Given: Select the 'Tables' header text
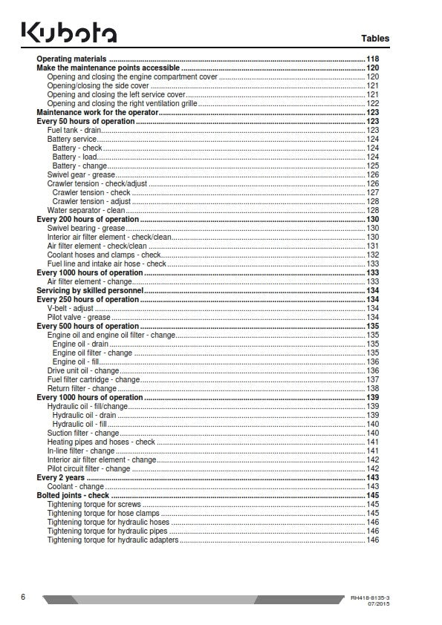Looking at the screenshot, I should [374, 39].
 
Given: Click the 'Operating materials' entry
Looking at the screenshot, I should [71, 59].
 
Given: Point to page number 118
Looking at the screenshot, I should [373, 59].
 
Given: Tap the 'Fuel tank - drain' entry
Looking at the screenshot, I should [74, 130].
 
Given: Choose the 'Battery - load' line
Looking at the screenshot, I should [74, 157].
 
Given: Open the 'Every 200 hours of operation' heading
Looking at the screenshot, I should [87, 219].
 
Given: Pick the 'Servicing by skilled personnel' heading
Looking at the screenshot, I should [89, 290].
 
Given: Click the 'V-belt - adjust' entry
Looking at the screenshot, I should [71, 308].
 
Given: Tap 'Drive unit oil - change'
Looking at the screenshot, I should [83, 370].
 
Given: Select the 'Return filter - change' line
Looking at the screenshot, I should [82, 388].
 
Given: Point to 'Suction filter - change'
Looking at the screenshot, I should [83, 433].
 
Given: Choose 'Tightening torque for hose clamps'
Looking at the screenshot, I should [103, 513].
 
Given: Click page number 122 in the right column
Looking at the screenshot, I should [373, 103].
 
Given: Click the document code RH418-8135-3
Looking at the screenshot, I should [369, 597].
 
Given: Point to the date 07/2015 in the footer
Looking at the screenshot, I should [377, 603].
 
